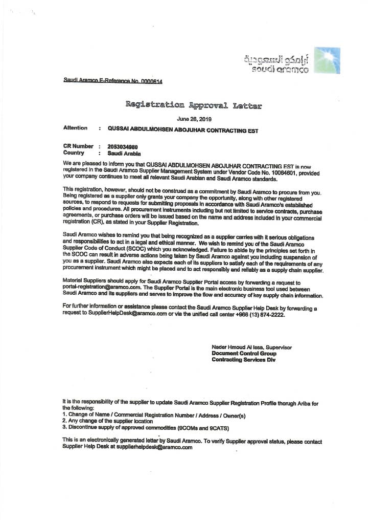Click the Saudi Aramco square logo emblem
point(327,60)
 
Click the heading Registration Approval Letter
point(194,106)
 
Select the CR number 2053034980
point(123,146)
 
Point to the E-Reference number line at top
point(113,81)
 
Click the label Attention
point(75,128)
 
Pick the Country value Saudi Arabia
point(124,153)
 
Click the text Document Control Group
point(244,354)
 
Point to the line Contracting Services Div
point(243,360)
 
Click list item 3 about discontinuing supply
point(146,427)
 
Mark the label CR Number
point(78,146)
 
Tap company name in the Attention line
point(183,130)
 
